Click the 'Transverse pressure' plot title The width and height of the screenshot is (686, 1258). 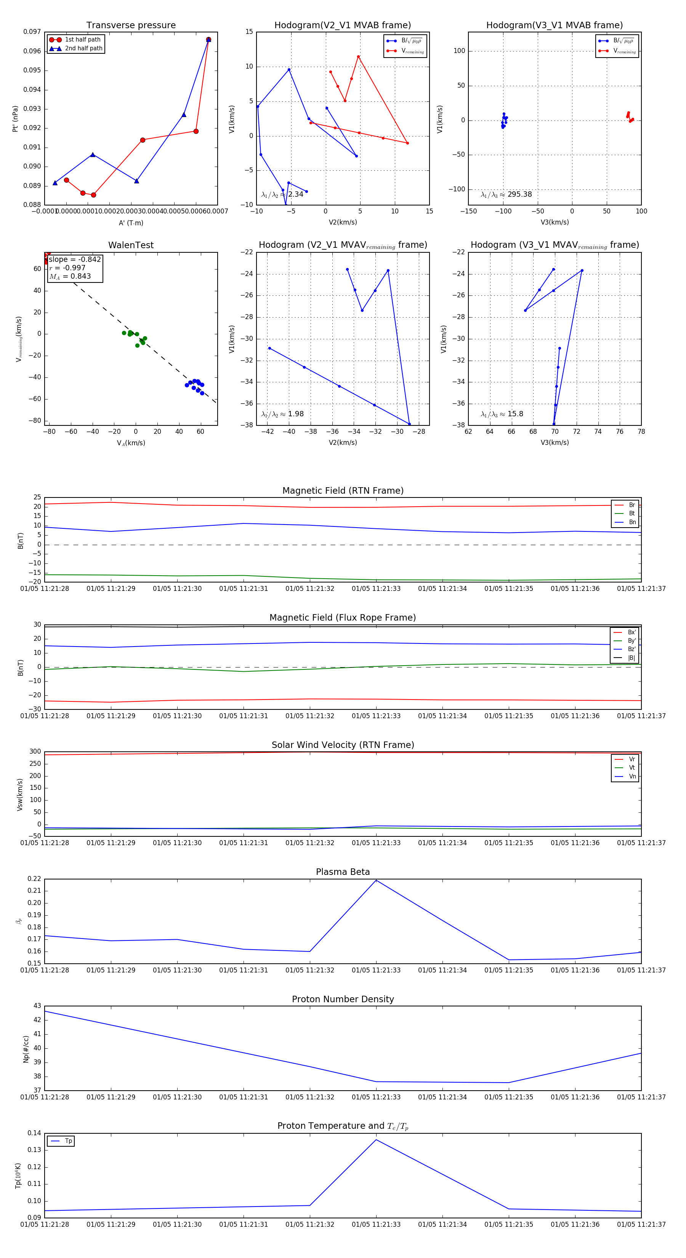131,26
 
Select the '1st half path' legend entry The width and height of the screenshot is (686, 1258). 83,40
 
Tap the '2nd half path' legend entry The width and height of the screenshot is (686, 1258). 83,48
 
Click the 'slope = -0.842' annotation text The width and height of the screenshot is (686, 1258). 75,259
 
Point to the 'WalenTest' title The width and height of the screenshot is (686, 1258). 131,245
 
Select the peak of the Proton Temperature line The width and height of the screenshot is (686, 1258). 376,1140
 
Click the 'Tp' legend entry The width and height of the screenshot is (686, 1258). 68,1141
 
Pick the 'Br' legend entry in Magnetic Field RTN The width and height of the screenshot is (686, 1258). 632,505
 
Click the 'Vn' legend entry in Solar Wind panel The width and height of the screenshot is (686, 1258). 632,777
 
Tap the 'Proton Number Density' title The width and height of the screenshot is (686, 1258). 343,999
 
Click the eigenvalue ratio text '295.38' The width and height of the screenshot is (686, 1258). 519,194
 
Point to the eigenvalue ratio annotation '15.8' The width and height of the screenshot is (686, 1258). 515,414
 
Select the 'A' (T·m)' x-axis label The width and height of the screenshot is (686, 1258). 131,223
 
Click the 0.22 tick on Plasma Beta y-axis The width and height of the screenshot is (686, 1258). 34,879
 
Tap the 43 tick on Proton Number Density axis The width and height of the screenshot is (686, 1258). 37,1006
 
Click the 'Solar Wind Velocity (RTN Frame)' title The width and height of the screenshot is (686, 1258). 343,745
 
